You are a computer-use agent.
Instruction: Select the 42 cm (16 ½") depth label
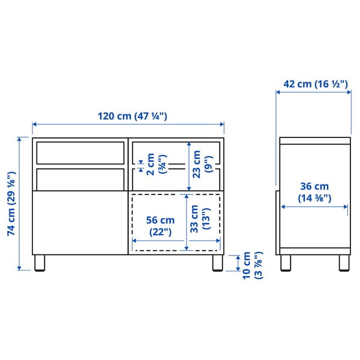[315, 84]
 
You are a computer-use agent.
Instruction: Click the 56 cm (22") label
[159, 226]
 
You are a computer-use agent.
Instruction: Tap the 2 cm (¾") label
[155, 163]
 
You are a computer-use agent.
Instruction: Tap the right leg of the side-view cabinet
[344, 263]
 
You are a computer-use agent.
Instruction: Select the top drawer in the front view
[80, 152]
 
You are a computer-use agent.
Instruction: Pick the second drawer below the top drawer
[80, 178]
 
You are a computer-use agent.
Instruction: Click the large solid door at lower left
[79, 222]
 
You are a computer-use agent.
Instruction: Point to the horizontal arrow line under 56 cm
[176, 241]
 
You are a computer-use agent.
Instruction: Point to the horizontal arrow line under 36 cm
[314, 207]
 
